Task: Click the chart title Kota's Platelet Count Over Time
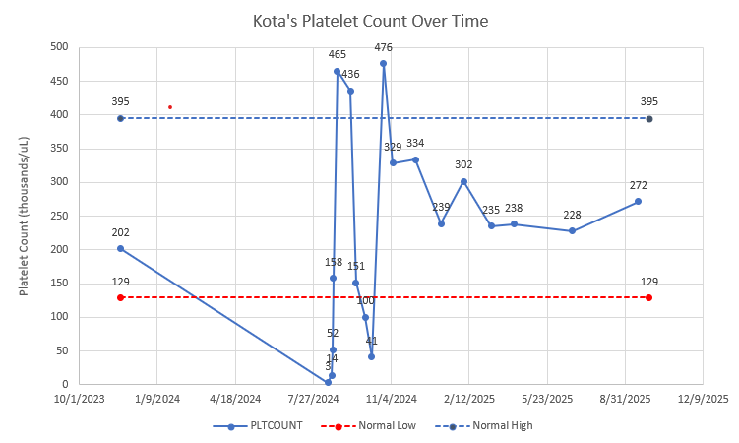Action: click(369, 20)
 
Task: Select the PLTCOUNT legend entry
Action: click(266, 426)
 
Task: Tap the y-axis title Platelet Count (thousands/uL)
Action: click(24, 216)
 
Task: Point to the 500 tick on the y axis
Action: click(59, 47)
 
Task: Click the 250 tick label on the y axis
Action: click(59, 216)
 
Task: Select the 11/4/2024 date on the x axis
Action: click(391, 399)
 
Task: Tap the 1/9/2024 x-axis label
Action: click(157, 399)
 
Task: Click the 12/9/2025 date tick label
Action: click(702, 399)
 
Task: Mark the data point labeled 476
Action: click(383, 63)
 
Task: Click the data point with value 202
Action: click(120, 248)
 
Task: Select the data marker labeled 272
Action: click(638, 201)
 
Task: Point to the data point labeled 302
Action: click(463, 181)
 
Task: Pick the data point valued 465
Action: click(337, 71)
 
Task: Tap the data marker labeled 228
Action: click(572, 230)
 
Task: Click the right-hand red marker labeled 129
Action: click(649, 297)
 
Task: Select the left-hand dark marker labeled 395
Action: click(120, 118)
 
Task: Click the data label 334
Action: click(415, 144)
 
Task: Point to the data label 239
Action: click(441, 207)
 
